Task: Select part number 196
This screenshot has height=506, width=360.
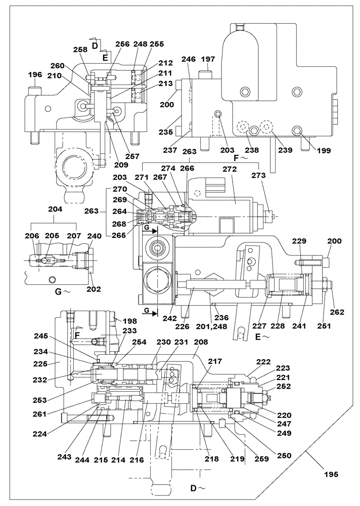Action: [x=35, y=75]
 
